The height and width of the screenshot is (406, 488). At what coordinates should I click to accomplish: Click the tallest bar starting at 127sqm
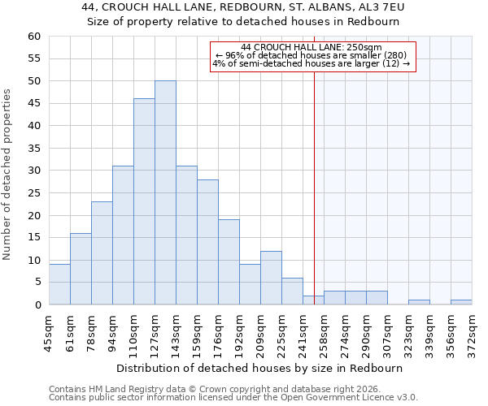(x=165, y=192)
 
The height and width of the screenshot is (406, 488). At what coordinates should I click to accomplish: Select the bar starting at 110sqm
(x=144, y=201)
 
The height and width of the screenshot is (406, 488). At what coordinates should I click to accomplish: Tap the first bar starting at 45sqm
(x=59, y=284)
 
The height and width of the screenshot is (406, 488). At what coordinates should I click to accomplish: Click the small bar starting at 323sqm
(x=419, y=302)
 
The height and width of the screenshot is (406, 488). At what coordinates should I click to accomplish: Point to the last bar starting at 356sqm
(x=461, y=302)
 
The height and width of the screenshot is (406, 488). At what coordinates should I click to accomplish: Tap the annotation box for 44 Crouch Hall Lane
(x=312, y=56)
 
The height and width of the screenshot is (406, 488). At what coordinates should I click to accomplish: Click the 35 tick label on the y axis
(x=34, y=149)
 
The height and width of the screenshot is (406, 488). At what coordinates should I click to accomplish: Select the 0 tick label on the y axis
(x=37, y=305)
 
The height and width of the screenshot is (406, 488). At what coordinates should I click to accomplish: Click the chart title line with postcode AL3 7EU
(x=243, y=7)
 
